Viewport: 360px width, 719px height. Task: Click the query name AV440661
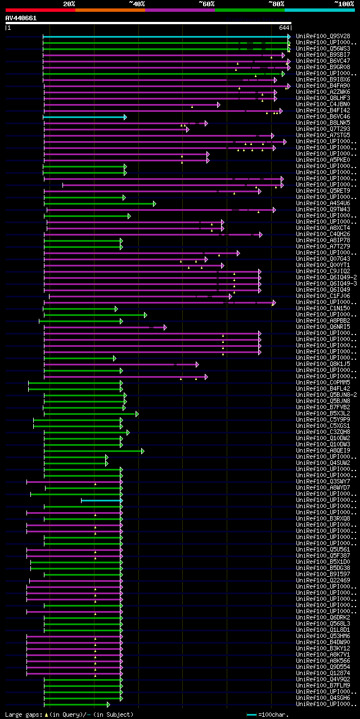coord(21,18)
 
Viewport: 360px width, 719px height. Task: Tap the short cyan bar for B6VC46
coord(85,117)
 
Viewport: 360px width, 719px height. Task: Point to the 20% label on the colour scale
coord(69,4)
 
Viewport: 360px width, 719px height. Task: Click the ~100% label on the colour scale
coord(344,4)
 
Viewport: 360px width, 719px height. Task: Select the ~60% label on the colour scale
coord(206,4)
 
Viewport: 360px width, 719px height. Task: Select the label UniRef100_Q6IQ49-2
coord(326,277)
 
